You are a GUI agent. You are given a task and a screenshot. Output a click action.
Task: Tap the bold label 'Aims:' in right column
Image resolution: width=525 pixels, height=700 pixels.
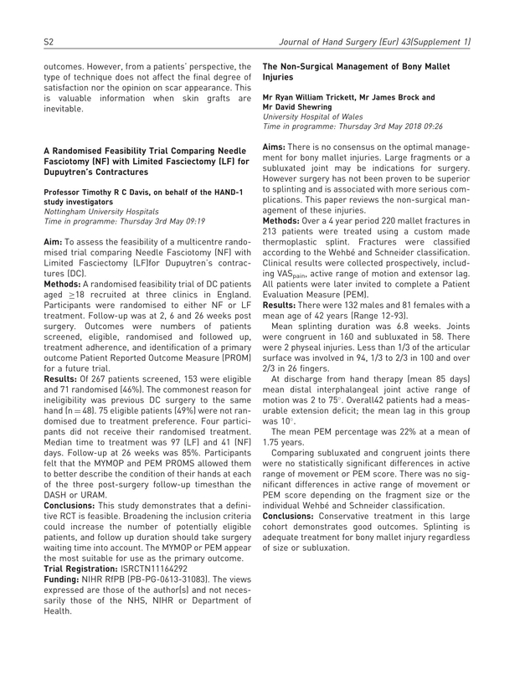coord(279,147)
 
